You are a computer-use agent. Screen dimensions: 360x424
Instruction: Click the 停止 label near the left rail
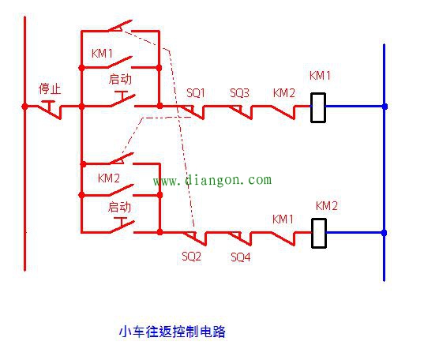point(50,88)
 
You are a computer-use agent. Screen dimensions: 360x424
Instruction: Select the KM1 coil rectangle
point(318,106)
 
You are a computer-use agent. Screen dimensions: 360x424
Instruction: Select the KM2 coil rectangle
point(320,232)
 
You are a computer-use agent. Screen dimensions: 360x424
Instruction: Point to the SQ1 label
point(195,93)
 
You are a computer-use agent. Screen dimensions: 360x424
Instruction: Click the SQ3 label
point(239,93)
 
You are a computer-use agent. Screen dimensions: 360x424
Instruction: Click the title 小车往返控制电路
point(171,332)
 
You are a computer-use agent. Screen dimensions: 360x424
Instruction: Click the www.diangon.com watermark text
point(212,180)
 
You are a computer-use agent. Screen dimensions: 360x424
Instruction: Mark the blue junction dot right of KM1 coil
point(385,106)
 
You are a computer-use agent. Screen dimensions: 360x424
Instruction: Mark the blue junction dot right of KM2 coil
point(385,232)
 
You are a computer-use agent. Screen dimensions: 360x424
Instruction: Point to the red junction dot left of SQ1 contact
point(159,106)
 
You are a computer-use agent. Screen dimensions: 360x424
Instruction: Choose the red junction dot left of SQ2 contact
point(159,232)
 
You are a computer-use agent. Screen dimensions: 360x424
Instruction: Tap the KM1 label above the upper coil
point(320,76)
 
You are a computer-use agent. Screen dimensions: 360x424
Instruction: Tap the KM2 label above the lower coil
point(326,205)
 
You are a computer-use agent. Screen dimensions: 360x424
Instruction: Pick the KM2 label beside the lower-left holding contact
point(109,178)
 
